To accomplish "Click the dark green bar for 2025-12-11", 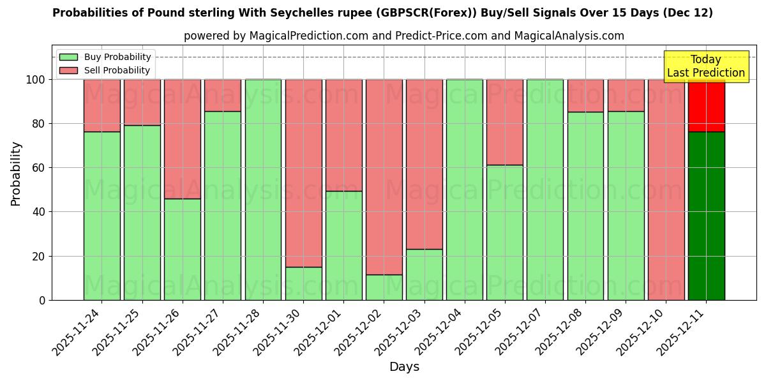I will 706,216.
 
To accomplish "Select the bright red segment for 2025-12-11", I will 706,105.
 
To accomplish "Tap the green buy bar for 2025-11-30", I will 303,283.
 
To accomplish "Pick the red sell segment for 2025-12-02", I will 384,177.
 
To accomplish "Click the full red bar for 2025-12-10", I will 666,190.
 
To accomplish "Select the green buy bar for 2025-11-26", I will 183,249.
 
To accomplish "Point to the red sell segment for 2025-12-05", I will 505,122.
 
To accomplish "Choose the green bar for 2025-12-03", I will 424,274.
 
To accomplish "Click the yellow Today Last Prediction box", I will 705,66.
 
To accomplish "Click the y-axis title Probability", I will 16,174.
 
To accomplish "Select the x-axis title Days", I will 404,367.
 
